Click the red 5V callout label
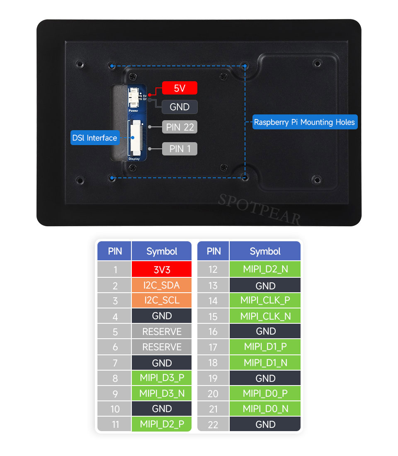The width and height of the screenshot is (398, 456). point(180,88)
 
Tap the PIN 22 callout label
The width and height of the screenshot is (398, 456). point(180,127)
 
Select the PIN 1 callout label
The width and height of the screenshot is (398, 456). point(180,149)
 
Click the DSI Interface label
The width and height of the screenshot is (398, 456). point(95,138)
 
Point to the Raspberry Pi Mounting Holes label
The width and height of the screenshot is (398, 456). point(305,122)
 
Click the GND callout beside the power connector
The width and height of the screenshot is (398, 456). point(180,107)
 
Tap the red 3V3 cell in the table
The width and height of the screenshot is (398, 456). point(162,269)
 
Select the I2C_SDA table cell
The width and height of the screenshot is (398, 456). point(162,285)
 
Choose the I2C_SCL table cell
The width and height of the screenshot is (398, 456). point(162,301)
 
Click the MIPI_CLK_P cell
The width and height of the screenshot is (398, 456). point(265,301)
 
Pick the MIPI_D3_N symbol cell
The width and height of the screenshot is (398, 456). point(162,393)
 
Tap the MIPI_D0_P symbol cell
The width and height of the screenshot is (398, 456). point(265,393)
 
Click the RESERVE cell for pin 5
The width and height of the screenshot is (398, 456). point(162,332)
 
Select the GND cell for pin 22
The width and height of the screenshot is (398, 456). point(265,424)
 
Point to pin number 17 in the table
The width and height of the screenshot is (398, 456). point(213,347)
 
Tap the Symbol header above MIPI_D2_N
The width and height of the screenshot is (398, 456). point(265,251)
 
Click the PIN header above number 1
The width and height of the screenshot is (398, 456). point(114,251)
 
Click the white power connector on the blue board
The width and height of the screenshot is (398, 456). point(133,98)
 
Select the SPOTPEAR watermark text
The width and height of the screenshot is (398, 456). point(260,209)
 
